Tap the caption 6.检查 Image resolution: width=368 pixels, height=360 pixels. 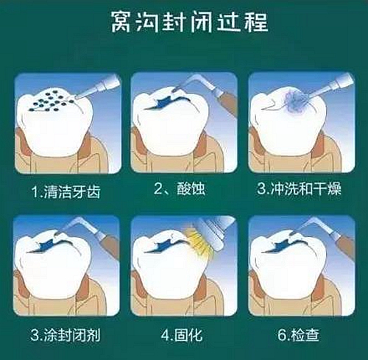(300, 335)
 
